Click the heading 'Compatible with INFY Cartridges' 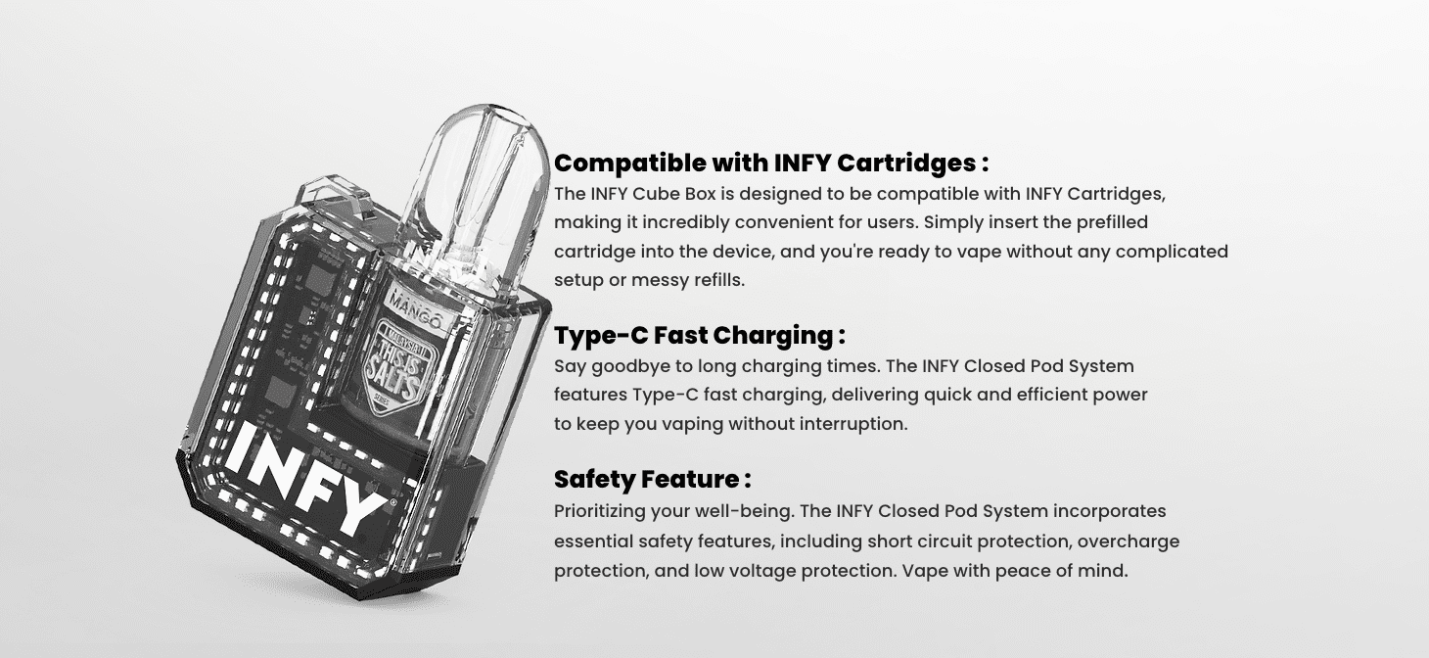point(770,162)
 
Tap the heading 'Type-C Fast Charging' point(699,335)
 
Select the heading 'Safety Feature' point(652,479)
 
